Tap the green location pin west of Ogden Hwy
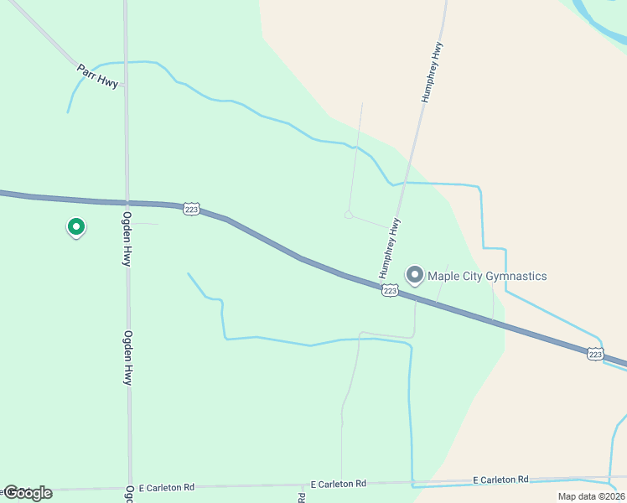(75, 226)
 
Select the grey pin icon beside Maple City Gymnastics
(414, 274)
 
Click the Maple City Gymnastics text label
(487, 276)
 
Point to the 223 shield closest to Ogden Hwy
(191, 210)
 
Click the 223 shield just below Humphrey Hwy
(389, 290)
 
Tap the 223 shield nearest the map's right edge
(594, 355)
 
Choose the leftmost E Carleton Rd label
(167, 487)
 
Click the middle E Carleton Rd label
(338, 484)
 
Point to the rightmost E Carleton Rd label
(500, 480)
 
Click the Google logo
(27, 493)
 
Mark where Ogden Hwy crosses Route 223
(127, 203)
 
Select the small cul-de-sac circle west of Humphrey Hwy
(348, 215)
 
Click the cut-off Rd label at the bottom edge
(302, 496)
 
